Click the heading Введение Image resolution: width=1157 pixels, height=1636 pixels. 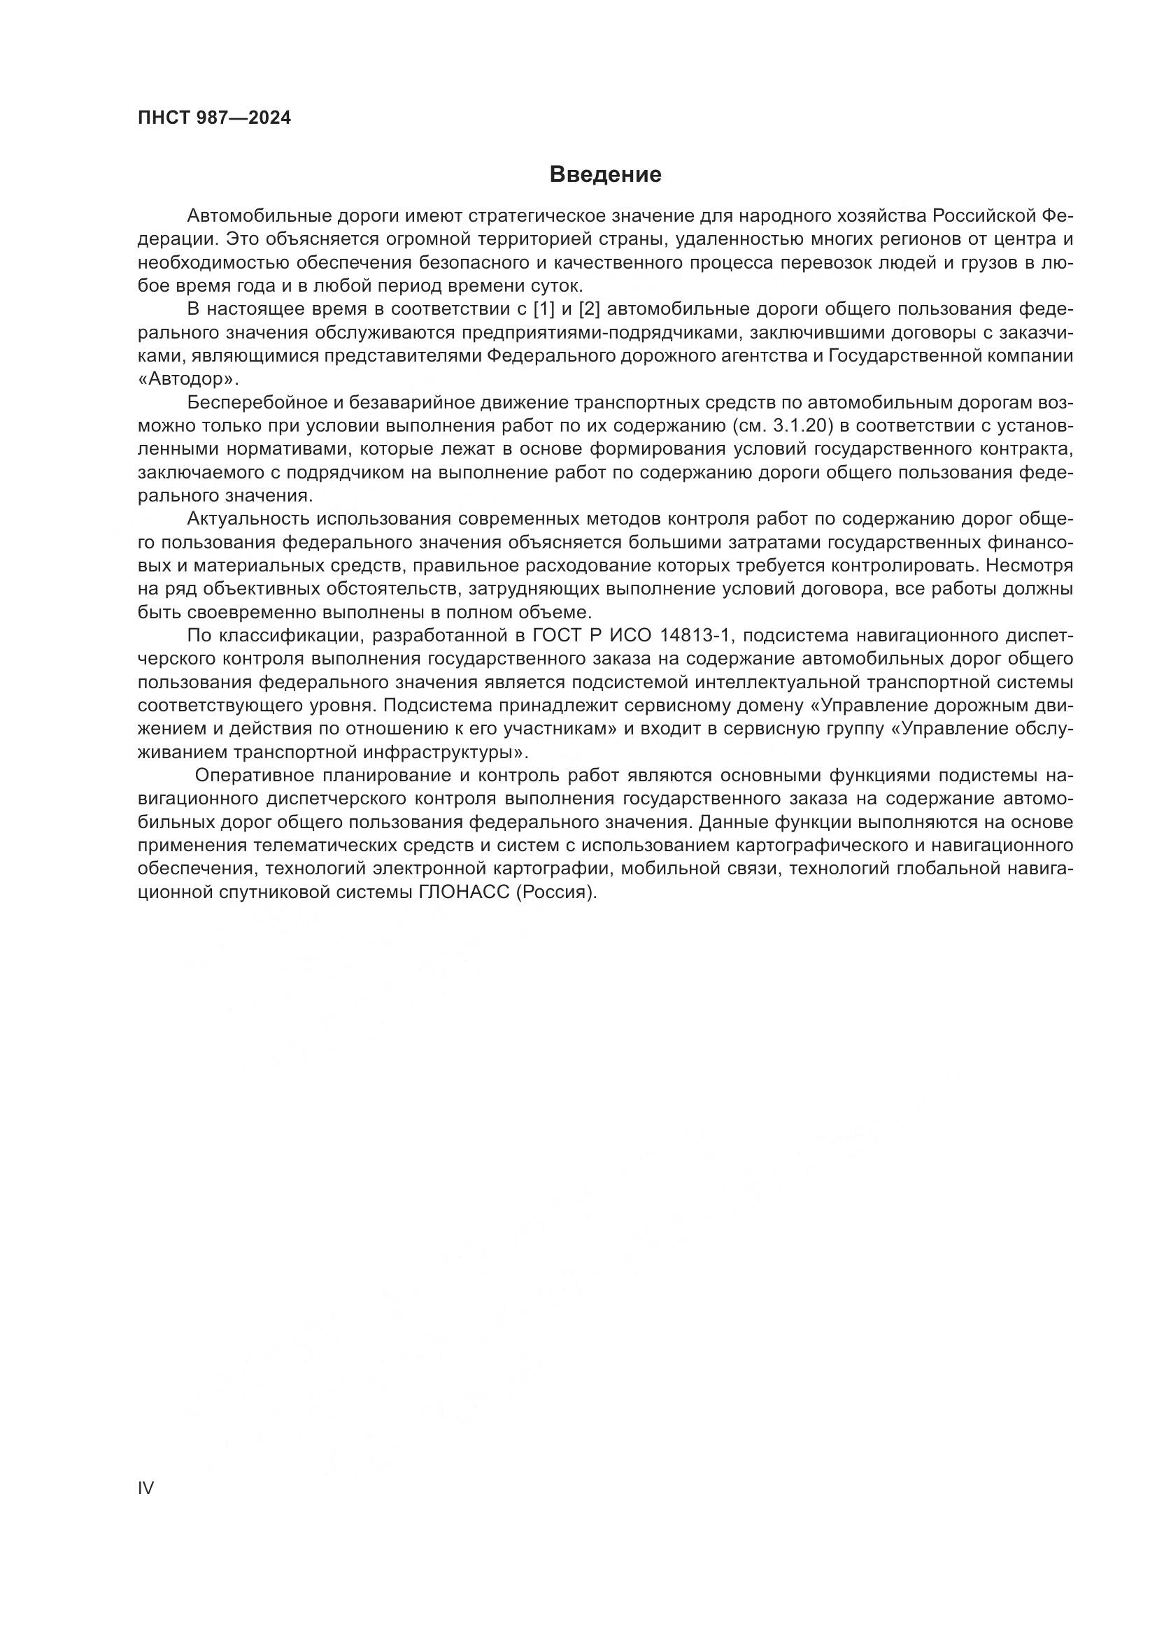[x=606, y=175]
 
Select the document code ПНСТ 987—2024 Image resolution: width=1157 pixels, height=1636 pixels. [x=215, y=118]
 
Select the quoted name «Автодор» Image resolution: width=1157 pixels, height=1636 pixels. [x=189, y=379]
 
